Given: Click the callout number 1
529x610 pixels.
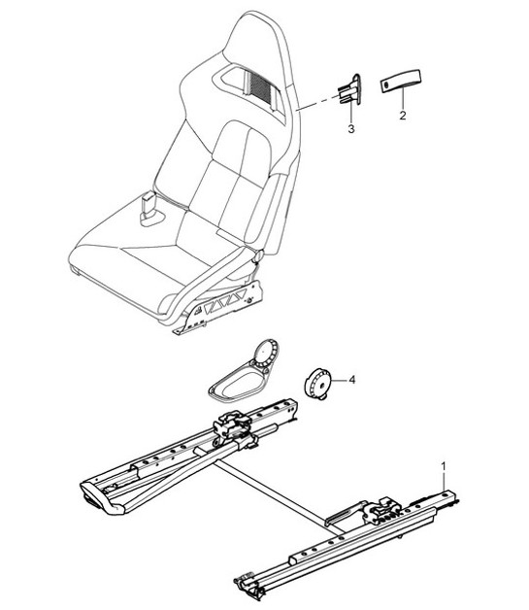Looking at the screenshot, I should point(445,467).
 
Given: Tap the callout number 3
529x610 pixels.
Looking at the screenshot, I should point(351,127).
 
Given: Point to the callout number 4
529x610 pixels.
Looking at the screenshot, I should point(352,380).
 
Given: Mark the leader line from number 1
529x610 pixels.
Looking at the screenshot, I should point(445,486).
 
